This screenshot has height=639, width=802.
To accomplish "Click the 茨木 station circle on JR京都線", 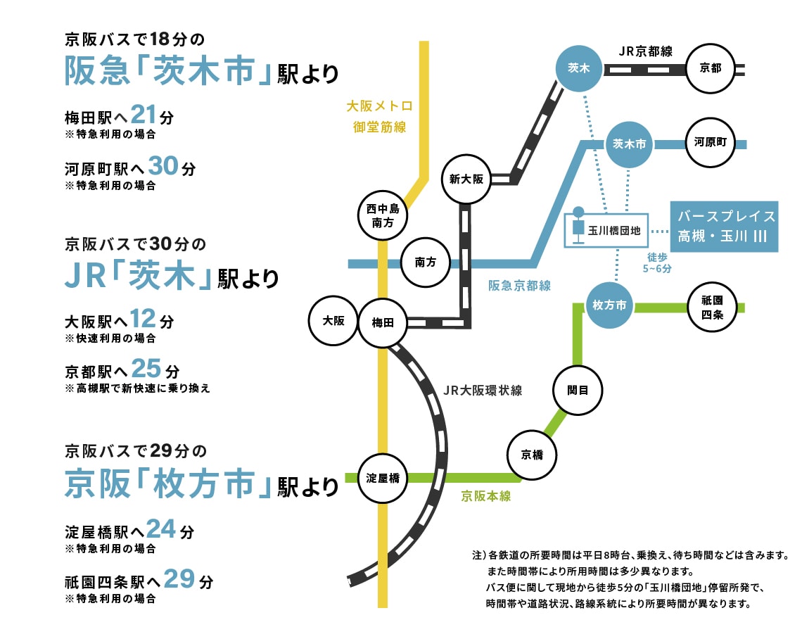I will click(x=579, y=68).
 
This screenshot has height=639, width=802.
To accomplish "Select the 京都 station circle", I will click(x=710, y=68).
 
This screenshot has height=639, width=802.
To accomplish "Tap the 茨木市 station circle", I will click(x=629, y=144).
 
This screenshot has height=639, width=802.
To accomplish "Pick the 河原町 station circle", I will click(x=710, y=143).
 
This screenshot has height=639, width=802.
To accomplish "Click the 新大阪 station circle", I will click(x=466, y=179).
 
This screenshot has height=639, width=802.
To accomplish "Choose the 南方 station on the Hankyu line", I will click(x=426, y=262).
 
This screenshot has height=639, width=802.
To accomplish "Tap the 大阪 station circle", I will click(x=333, y=321).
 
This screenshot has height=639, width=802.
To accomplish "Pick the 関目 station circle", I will click(x=578, y=389).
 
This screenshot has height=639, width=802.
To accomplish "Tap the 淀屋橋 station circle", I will click(x=383, y=479).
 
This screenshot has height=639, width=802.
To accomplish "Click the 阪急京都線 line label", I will click(x=520, y=286).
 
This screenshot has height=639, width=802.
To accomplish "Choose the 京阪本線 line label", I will click(x=486, y=496).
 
